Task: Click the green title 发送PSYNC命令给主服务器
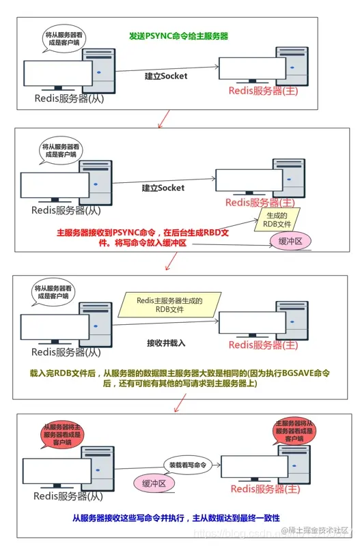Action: [x=179, y=35]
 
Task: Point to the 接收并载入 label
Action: [x=166, y=342]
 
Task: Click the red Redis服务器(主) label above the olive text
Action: [x=263, y=345]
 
